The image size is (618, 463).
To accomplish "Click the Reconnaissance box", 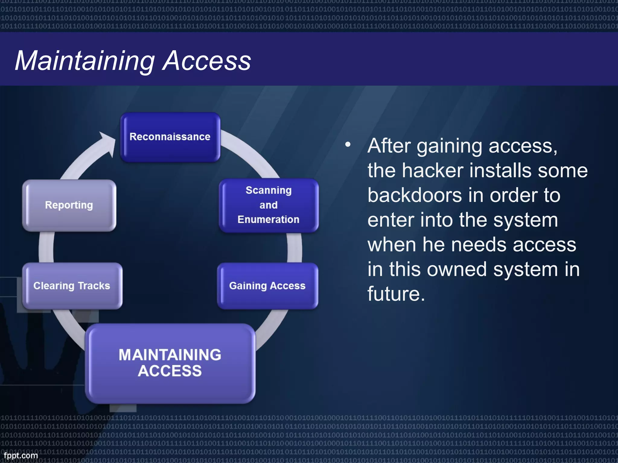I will pyautogui.click(x=170, y=137).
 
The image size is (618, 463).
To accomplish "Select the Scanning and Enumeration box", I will pyautogui.click(x=269, y=205).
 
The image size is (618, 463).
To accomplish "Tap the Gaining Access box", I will pyautogui.click(x=267, y=286).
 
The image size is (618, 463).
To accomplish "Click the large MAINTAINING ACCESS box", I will pyautogui.click(x=170, y=363).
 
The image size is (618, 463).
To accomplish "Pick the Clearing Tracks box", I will pyautogui.click(x=72, y=286).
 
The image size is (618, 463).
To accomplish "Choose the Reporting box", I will pyautogui.click(x=69, y=205).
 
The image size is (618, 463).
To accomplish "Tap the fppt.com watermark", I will pyautogui.click(x=21, y=455).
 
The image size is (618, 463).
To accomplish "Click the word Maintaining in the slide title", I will pyautogui.click(x=84, y=61).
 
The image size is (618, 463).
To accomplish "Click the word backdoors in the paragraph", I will pyautogui.click(x=415, y=195).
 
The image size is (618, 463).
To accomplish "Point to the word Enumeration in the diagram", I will pyautogui.click(x=268, y=219).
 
